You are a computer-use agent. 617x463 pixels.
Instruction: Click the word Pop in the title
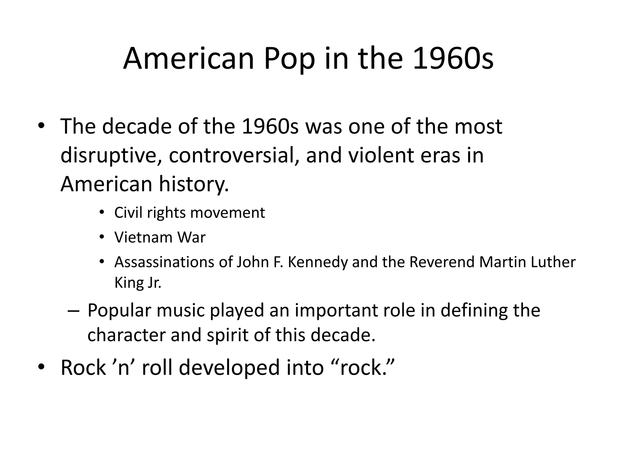coord(289,59)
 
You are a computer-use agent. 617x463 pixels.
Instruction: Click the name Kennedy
coord(318,262)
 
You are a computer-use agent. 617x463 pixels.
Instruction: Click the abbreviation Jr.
coord(154,283)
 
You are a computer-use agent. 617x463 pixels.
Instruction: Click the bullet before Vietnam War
coord(102,238)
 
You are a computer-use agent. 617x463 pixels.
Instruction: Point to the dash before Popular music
coord(73,311)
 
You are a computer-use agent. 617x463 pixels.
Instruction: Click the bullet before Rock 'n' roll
coord(41,367)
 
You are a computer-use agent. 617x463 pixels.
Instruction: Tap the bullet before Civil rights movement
coord(102,213)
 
